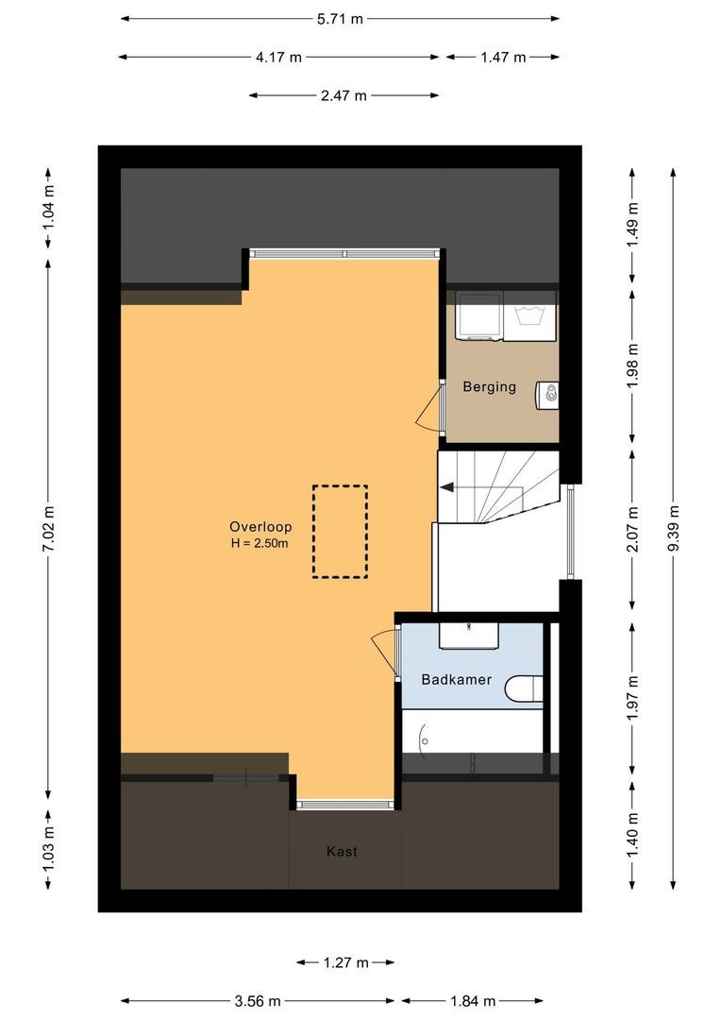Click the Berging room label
(x=489, y=386)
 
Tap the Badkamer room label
(x=455, y=678)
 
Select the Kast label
(x=342, y=851)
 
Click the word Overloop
(x=260, y=527)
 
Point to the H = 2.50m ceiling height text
(x=260, y=543)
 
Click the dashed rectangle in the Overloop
(x=340, y=531)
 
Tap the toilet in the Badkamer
(x=526, y=689)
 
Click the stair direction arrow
(x=447, y=487)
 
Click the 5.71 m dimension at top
(x=339, y=18)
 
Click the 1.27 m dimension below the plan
(x=345, y=962)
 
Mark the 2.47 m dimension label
(x=344, y=95)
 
